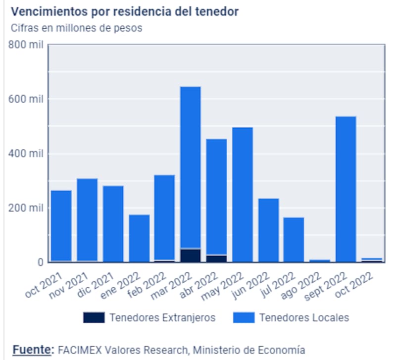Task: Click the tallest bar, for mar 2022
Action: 191,163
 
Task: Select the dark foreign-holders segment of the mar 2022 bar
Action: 191,255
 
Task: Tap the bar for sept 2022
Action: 346,188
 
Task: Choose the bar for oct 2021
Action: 61,225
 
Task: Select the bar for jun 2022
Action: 268,230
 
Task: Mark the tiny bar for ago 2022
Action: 320,260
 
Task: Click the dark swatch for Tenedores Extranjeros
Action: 94,317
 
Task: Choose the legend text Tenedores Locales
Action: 304,317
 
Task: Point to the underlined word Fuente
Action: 32,350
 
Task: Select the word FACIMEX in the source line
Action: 80,350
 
